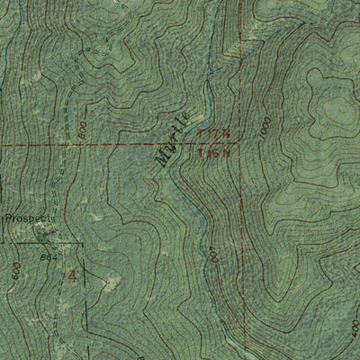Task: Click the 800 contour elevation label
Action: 83,130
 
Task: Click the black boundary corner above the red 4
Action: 81,243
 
